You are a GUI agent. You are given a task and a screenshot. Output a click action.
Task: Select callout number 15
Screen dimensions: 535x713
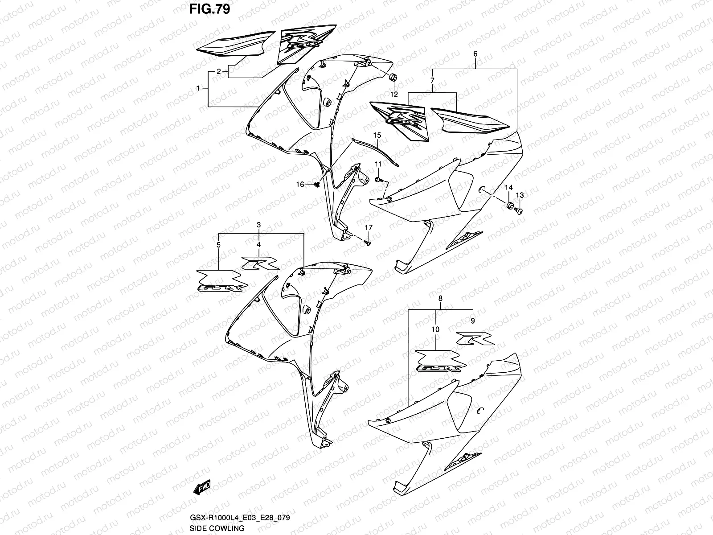tap(377, 135)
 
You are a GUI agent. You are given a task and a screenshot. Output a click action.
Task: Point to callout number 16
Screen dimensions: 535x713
tap(300, 184)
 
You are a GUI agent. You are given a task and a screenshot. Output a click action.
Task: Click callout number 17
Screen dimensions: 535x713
tap(368, 227)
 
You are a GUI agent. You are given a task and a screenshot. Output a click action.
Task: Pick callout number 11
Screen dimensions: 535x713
tap(377, 165)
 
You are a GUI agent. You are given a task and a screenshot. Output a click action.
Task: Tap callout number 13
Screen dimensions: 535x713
tap(520, 195)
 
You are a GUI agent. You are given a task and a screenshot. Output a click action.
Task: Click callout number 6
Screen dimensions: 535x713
tap(475, 54)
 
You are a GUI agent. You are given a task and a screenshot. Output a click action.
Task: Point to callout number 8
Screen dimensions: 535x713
tap(440, 298)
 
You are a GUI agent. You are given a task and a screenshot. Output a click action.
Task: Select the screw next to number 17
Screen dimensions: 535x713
tap(367, 243)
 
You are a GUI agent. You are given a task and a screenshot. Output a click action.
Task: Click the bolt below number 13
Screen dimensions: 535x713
tap(519, 209)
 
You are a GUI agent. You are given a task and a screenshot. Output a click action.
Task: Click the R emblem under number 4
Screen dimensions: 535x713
tap(260, 263)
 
